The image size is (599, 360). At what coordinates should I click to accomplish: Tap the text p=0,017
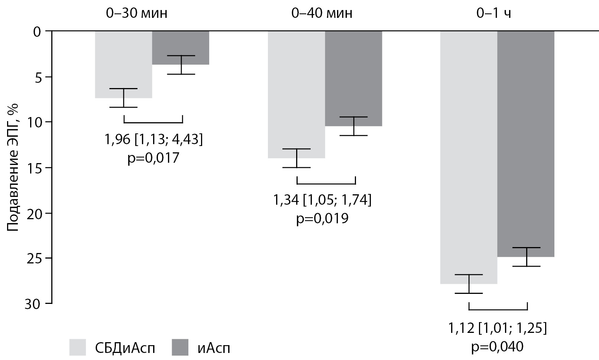(x=153, y=158)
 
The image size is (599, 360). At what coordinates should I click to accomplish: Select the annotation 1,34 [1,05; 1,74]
(x=322, y=201)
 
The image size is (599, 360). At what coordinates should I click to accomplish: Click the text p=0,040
(x=497, y=347)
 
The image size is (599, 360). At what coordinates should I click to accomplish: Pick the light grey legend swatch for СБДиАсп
(x=78, y=347)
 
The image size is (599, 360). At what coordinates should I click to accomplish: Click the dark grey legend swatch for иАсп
(x=180, y=347)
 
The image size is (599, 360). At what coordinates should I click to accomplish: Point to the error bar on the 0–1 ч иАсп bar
(x=526, y=257)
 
